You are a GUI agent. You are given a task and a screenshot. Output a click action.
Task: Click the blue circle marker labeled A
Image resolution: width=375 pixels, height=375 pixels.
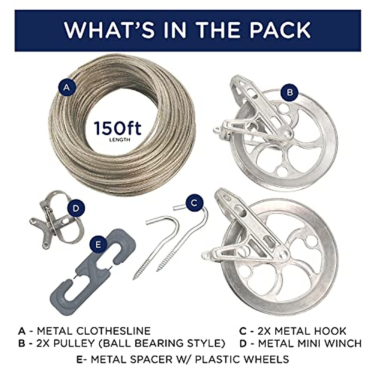(66, 87)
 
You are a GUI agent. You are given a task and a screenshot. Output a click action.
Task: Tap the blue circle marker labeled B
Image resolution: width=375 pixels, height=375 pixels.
(290, 92)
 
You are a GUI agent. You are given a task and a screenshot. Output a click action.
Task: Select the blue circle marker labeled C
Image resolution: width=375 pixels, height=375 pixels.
(194, 203)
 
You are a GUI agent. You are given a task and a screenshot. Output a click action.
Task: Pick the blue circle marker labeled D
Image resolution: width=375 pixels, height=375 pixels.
(76, 208)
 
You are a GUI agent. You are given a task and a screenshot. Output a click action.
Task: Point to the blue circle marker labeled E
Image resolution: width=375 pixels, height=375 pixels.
(98, 244)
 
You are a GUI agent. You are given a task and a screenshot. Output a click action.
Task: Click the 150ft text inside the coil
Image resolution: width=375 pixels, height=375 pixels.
(117, 129)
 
